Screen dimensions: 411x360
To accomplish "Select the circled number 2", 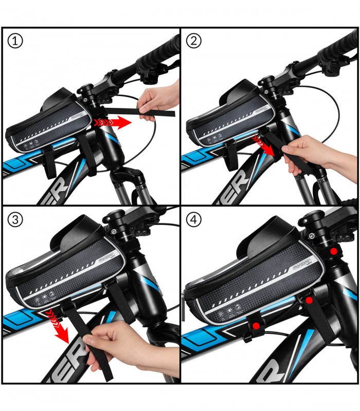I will (193, 42).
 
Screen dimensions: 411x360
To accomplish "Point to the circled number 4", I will (193, 220).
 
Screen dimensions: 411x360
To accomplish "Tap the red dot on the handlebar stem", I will (334, 251).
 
